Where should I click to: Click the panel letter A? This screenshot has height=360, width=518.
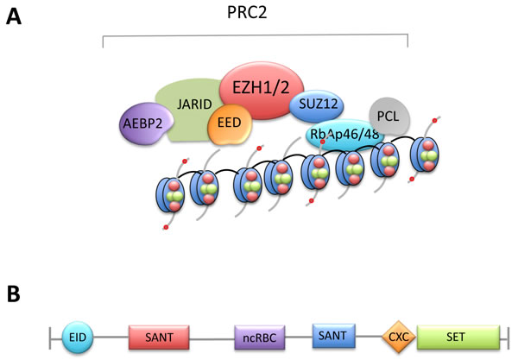tap(15, 16)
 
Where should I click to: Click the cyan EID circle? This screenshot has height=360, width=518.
tap(82, 335)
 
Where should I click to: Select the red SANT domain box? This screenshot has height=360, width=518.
tap(158, 335)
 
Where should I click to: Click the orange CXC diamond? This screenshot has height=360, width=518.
tap(397, 334)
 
